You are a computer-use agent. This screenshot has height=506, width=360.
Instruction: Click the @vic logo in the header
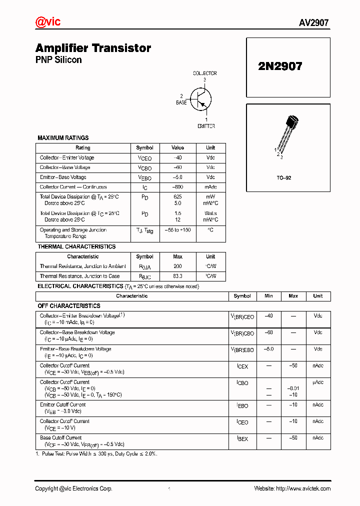point(48,22)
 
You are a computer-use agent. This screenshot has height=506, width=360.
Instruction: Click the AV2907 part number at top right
point(314,23)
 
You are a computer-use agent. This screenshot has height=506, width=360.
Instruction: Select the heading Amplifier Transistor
point(93,48)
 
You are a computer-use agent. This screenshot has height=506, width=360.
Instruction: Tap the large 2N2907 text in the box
point(280,66)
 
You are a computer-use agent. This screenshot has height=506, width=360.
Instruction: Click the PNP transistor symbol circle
point(201,99)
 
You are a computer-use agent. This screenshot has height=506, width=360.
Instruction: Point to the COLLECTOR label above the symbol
point(204,73)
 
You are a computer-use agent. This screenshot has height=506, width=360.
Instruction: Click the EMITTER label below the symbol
point(206,126)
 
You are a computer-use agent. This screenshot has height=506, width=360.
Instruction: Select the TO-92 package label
point(284,178)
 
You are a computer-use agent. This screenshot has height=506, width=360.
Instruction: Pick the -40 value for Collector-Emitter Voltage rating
point(177,158)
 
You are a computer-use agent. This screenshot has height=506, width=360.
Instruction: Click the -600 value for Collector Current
point(177,187)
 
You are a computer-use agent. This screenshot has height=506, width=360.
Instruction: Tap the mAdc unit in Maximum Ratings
point(210,187)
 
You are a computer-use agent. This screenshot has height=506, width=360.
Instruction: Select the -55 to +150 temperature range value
point(177,230)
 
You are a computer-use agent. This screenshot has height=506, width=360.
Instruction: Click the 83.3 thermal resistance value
point(177,276)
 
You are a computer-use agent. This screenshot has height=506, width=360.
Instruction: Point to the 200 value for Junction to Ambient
point(177,266)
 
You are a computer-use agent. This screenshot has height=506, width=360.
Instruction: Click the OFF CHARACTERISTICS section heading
point(69,305)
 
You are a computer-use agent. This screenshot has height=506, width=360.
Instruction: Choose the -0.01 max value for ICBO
point(293,388)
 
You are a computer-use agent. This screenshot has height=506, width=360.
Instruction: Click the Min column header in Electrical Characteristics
point(268,296)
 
